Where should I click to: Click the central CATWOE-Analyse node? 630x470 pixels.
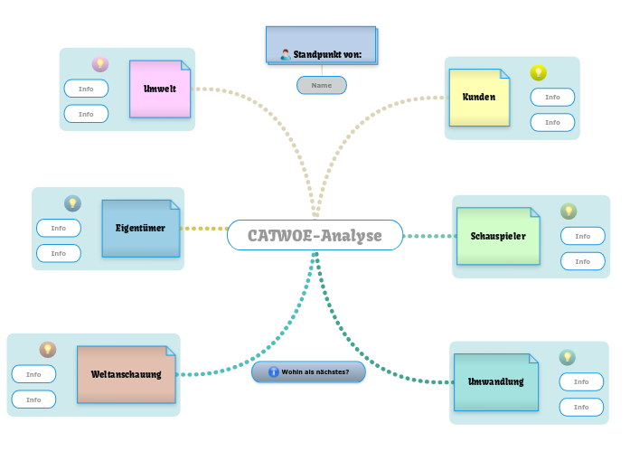[x=315, y=236]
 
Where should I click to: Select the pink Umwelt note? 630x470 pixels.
[x=160, y=89]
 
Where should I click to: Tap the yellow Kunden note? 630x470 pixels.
[x=479, y=97]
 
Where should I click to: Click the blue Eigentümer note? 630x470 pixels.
[x=140, y=228]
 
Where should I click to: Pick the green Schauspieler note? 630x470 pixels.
[x=498, y=236]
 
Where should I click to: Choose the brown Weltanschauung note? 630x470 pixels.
[x=127, y=373]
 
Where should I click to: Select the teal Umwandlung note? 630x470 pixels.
[x=495, y=381]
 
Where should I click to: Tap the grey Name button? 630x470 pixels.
[x=321, y=85]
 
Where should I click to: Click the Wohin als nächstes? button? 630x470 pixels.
[x=308, y=371]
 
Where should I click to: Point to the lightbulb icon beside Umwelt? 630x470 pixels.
[x=100, y=64]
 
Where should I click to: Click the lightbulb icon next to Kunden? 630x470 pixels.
[x=538, y=73]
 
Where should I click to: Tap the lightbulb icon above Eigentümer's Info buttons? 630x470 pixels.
[x=72, y=203]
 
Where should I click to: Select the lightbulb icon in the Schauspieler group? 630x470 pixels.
[x=569, y=211]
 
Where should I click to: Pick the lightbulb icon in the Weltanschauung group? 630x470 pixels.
[x=48, y=350]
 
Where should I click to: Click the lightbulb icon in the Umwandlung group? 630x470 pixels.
[x=567, y=358]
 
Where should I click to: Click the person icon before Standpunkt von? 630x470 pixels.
[x=286, y=54]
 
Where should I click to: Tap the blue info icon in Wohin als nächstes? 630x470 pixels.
[x=273, y=371]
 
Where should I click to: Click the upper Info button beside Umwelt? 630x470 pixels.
[x=86, y=89]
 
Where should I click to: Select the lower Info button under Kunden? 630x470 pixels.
[x=552, y=122]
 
